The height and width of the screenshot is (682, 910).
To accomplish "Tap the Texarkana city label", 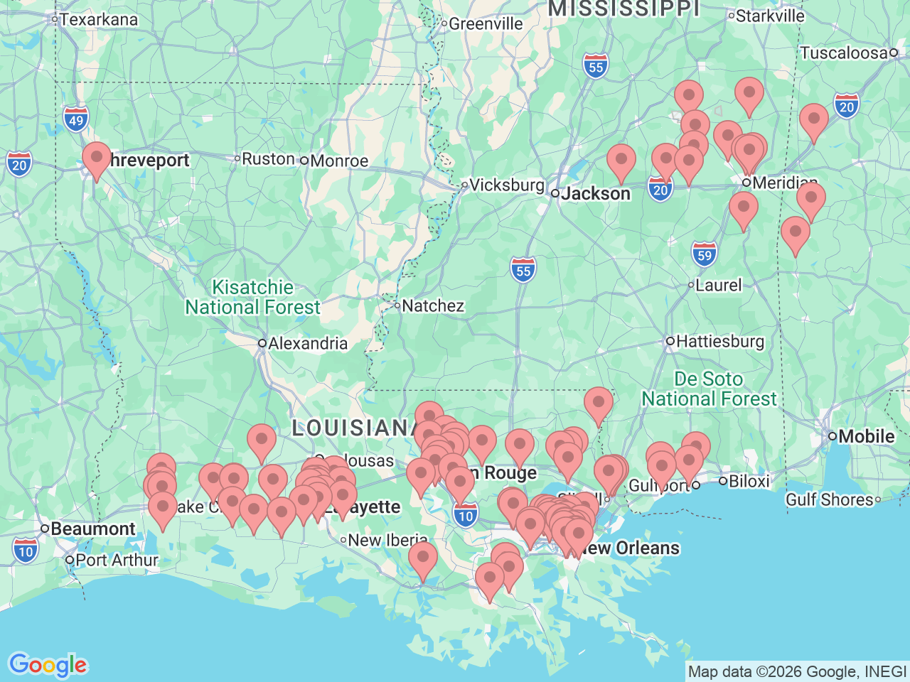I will [x=98, y=19].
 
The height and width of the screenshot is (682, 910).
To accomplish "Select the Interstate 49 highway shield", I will [x=76, y=119].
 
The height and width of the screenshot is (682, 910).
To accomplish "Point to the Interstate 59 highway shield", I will [x=704, y=254].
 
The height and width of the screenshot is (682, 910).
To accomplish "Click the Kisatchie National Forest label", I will [x=252, y=297].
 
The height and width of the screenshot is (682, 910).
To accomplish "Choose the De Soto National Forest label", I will [x=709, y=389].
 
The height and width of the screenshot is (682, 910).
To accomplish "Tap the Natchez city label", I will [x=432, y=306].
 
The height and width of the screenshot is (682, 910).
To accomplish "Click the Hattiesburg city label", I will [x=719, y=342].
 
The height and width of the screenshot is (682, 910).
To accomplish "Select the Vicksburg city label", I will [x=506, y=185].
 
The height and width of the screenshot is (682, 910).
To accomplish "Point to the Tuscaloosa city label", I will [x=844, y=53].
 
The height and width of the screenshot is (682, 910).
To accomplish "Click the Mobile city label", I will [x=866, y=436].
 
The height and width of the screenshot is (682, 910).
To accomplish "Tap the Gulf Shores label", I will [x=829, y=499].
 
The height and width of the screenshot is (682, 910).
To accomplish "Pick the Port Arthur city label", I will [x=117, y=560].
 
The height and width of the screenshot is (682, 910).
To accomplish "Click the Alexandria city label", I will [x=307, y=344].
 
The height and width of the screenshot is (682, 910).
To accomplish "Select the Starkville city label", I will [x=769, y=16].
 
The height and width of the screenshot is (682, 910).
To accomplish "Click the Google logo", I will [x=48, y=666].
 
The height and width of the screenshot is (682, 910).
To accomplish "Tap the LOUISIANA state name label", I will [x=352, y=428].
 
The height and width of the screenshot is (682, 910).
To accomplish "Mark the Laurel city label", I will [x=718, y=286].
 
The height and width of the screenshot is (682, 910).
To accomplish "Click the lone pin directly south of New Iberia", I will [x=423, y=558].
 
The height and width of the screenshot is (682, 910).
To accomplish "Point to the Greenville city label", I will [x=485, y=24].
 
